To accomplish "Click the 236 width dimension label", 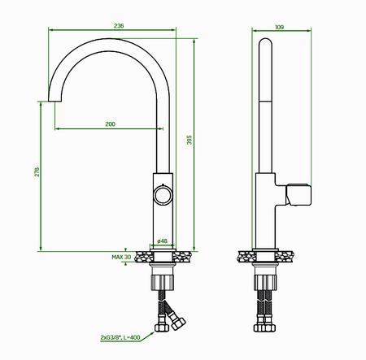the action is pos(119,26).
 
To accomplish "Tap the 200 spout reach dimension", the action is pos(110,124).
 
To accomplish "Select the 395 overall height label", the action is pos(190,140).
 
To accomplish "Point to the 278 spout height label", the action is pos(37,172).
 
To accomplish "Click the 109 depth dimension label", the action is pos(279,27).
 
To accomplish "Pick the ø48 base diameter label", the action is pos(162,241).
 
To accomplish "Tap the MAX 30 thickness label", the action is pos(121,257).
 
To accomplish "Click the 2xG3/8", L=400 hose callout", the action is pos(120,337).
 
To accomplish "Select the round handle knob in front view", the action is pos(163,195).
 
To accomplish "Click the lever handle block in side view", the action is pos(298,194).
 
